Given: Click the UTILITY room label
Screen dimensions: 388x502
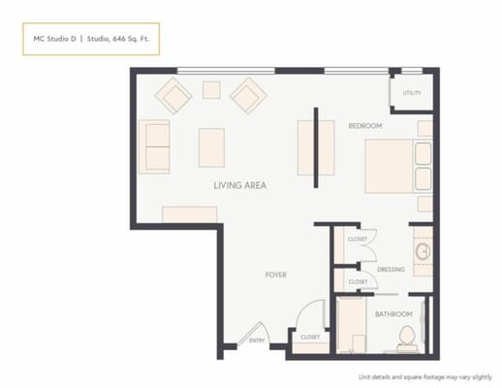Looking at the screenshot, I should (x=412, y=93).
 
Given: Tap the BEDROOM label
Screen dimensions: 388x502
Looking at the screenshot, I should (x=365, y=126).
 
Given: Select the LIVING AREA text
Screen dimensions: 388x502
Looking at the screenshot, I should (x=240, y=184).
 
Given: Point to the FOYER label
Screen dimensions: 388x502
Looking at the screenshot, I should (x=276, y=275).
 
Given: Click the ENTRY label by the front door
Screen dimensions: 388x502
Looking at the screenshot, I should (x=257, y=339).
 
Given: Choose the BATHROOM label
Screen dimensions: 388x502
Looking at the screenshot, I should (x=393, y=314).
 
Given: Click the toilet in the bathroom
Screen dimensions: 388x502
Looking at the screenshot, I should (x=407, y=339).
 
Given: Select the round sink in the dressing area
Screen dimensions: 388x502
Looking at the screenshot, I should (x=423, y=252).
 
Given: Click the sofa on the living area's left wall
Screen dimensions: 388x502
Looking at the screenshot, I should (x=155, y=146).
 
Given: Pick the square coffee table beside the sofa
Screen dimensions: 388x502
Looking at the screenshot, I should (x=211, y=147).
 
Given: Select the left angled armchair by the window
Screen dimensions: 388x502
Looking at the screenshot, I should (x=175, y=95).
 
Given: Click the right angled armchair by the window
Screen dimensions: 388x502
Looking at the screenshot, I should (x=248, y=95).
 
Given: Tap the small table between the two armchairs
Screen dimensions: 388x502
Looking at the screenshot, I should (x=211, y=89).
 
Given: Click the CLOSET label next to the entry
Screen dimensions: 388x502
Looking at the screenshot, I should (x=310, y=337).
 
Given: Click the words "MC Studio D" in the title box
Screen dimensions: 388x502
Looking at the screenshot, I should (x=52, y=40).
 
